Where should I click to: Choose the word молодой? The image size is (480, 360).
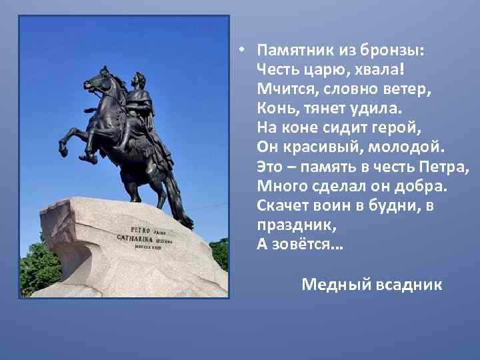407,147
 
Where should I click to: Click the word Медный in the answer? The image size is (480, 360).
329,285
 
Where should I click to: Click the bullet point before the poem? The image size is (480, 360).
244,51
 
